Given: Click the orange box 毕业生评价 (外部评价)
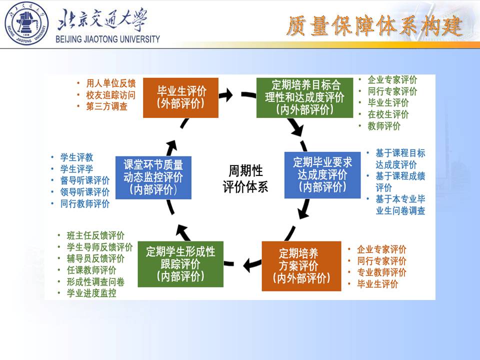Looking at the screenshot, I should click(x=180, y=97).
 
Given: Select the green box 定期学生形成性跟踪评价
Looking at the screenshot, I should click(x=180, y=263).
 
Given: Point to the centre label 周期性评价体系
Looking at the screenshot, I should click(x=245, y=178).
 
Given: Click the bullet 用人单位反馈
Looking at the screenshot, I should click(x=110, y=83).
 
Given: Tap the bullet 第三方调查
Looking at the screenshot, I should click(x=106, y=106).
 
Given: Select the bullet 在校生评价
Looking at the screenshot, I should click(x=388, y=114).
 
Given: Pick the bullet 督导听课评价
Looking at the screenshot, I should click(x=84, y=180).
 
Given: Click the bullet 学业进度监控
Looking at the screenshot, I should click(x=91, y=293).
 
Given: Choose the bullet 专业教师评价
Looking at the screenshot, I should click(x=381, y=272).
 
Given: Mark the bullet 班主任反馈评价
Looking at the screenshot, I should click(x=95, y=235).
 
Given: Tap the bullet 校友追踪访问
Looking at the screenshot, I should click(x=110, y=95).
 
